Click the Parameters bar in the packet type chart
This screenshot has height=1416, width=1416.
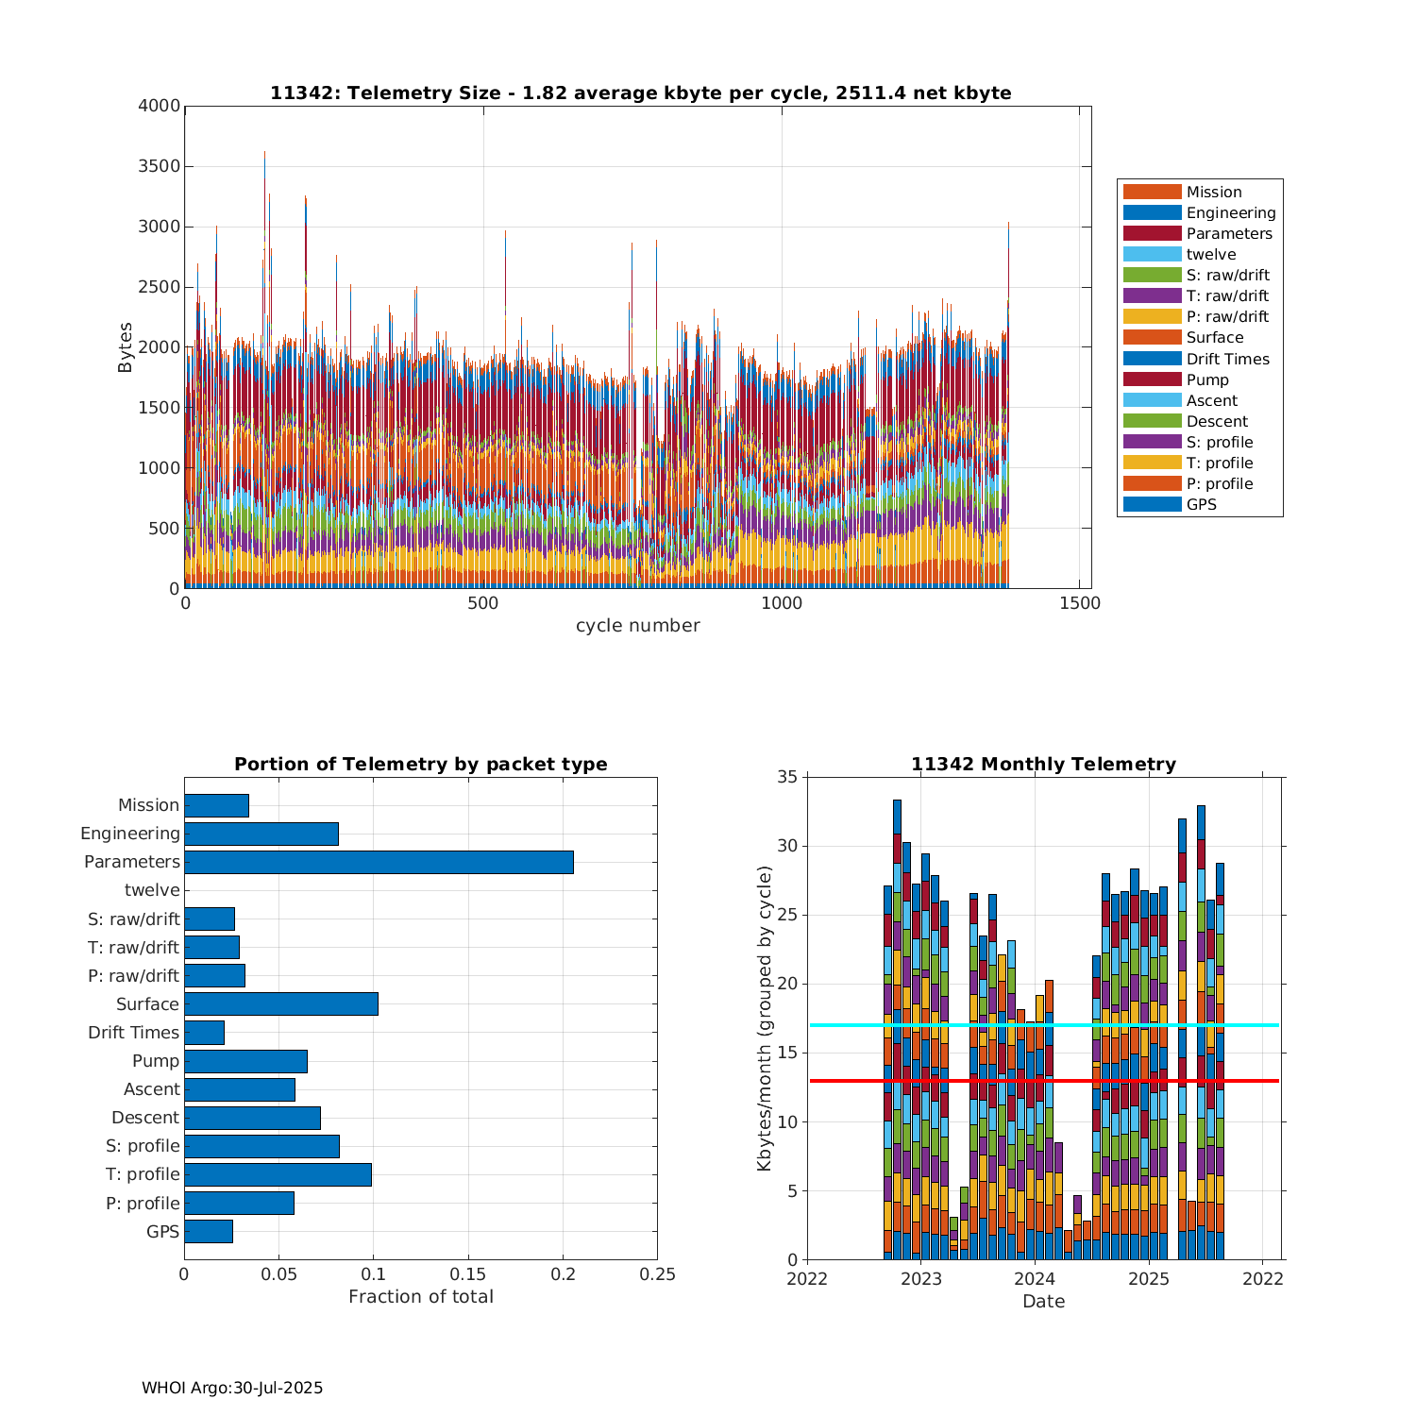click(x=379, y=862)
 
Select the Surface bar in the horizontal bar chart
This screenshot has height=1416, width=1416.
click(x=281, y=1003)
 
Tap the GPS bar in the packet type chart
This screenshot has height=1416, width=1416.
click(x=209, y=1231)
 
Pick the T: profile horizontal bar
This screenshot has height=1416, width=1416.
click(x=278, y=1174)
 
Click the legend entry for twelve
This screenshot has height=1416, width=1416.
click(x=1211, y=255)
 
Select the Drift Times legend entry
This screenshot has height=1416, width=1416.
click(x=1227, y=359)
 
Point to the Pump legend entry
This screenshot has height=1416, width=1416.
click(x=1207, y=379)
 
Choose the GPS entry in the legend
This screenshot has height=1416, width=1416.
click(x=1201, y=504)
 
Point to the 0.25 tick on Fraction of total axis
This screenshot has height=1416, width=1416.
click(x=657, y=1274)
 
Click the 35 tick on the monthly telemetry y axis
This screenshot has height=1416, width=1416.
click(x=787, y=777)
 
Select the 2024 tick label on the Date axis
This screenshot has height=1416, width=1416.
click(x=1035, y=1279)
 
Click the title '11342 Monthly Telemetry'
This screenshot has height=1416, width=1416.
click(x=1043, y=765)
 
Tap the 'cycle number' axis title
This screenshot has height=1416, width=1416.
click(x=637, y=625)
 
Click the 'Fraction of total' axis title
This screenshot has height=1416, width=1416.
click(x=420, y=1296)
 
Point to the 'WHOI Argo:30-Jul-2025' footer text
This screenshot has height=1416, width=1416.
click(x=232, y=1388)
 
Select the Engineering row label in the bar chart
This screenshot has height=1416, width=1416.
click(x=130, y=834)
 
